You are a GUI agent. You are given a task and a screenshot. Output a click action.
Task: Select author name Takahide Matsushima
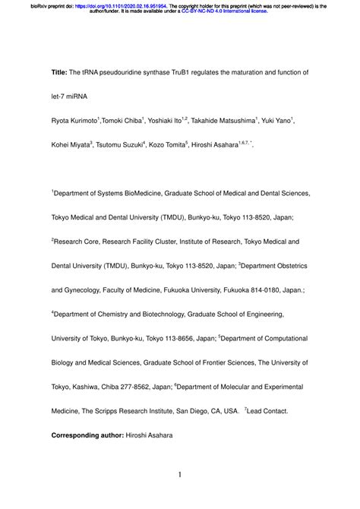(x=229, y=120)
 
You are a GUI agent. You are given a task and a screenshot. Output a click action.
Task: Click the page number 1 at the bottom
(x=180, y=476)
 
